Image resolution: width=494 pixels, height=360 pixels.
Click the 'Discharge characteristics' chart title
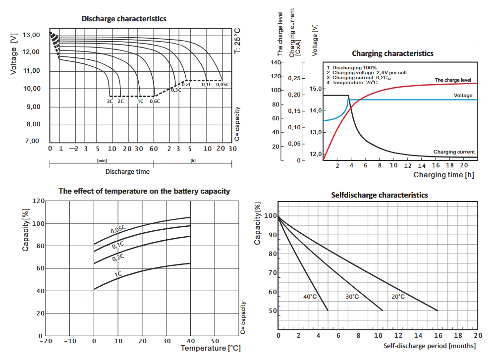point(124,19)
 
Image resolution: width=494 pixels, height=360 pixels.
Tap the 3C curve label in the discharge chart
point(110,101)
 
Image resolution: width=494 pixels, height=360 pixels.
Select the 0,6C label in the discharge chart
point(155,101)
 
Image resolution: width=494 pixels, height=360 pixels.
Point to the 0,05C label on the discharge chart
point(223,85)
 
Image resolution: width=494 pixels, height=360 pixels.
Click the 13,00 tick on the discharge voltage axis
point(31,35)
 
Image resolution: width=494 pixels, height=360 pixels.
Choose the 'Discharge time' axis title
point(127,172)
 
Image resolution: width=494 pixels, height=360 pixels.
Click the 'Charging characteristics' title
point(392,53)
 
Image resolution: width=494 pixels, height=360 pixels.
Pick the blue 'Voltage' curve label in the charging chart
point(462,95)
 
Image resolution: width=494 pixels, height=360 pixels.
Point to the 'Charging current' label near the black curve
point(454,152)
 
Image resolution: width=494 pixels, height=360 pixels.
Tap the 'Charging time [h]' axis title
point(443,175)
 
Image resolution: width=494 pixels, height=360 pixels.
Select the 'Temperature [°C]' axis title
point(210,348)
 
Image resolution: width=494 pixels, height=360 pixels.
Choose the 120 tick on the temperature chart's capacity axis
point(38,201)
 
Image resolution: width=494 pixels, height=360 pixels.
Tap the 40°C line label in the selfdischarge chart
point(310,297)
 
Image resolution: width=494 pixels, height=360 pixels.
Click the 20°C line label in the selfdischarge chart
point(397,297)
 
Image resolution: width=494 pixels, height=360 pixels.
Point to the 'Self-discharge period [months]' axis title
point(430,346)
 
